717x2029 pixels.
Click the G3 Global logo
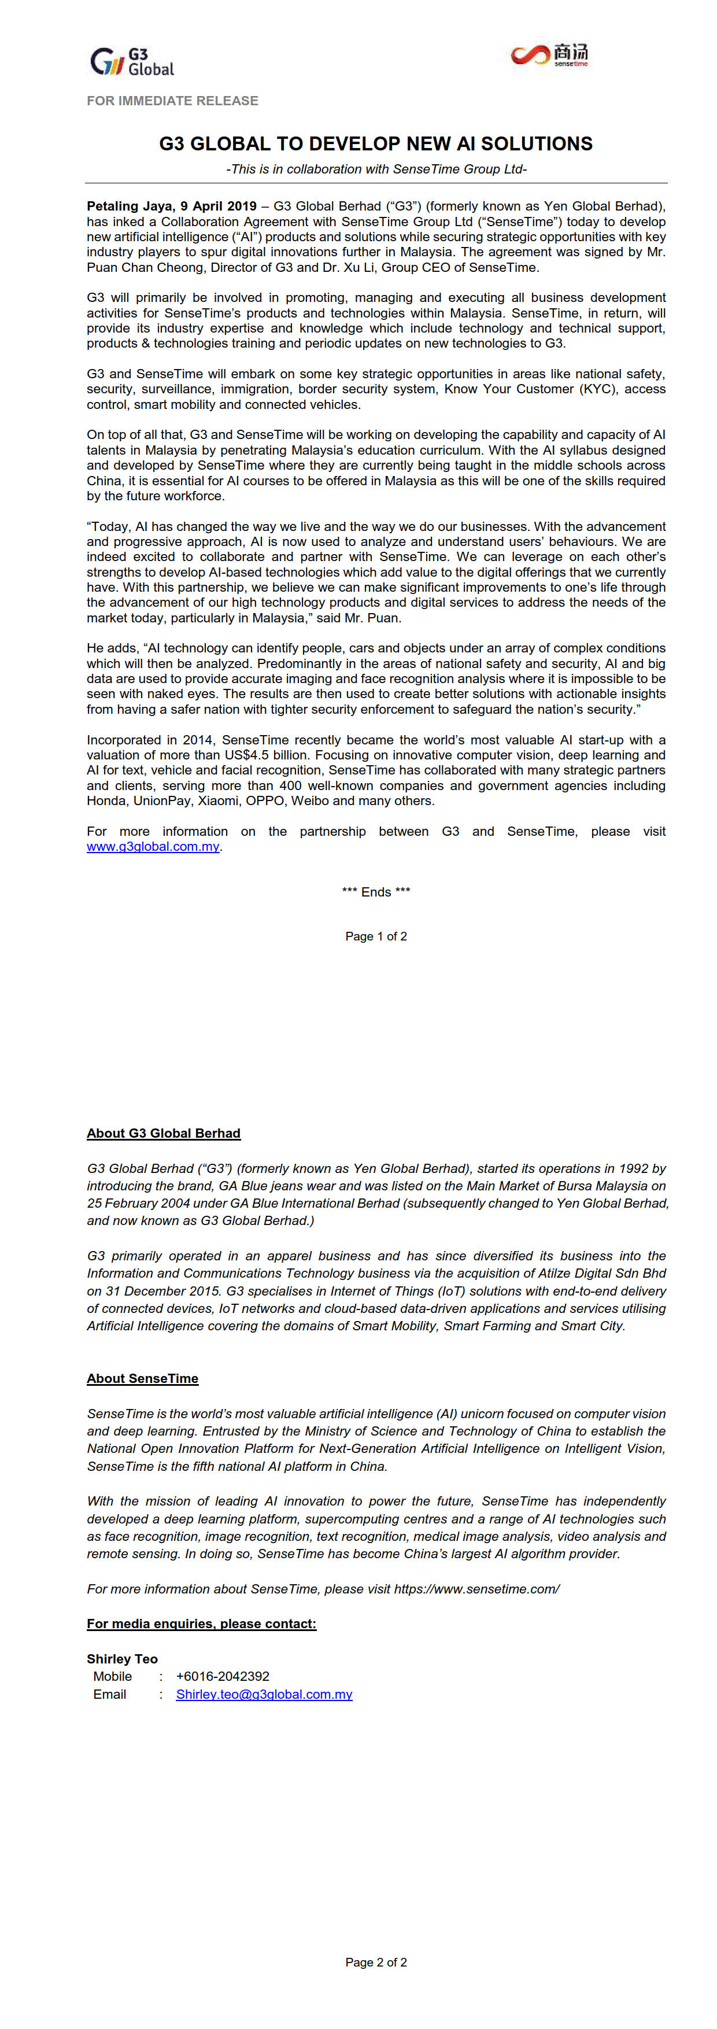(131, 61)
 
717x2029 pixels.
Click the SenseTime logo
(549, 55)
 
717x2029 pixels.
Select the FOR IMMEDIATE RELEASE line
(172, 101)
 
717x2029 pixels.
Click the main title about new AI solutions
(375, 144)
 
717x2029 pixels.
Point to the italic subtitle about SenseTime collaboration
(376, 169)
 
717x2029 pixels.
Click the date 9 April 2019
(218, 206)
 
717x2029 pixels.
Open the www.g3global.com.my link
(153, 847)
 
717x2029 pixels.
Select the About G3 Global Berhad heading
(164, 1134)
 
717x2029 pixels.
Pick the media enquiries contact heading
(201, 1624)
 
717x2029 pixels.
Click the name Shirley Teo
(122, 1659)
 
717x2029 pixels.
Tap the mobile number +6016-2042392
(223, 1677)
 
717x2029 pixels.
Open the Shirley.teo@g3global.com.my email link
(264, 1694)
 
